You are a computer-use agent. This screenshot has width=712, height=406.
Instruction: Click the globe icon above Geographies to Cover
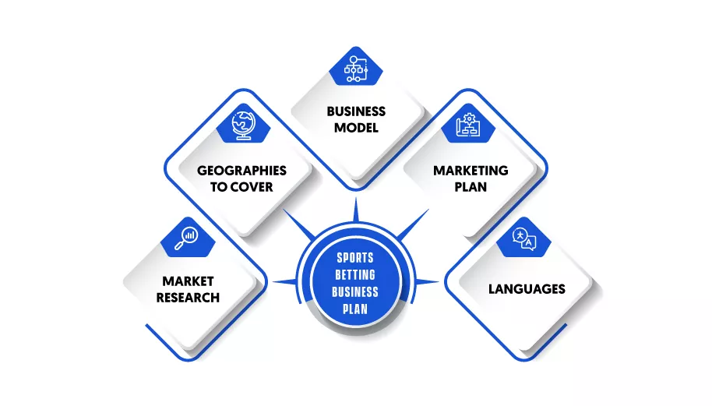[x=243, y=125]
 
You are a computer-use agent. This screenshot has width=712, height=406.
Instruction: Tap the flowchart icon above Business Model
[x=356, y=69]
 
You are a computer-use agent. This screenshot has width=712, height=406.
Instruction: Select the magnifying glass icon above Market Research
[x=186, y=238]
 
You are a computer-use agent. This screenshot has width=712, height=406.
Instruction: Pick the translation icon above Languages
[x=524, y=239]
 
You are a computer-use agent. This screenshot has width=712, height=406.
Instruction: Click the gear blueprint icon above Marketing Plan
[x=468, y=125]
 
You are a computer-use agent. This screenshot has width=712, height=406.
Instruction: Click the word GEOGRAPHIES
[x=241, y=171]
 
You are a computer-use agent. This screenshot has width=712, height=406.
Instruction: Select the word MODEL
[x=356, y=128]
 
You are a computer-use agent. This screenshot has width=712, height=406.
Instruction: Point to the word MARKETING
[x=471, y=171]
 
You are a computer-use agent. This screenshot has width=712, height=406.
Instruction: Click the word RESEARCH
[x=188, y=298]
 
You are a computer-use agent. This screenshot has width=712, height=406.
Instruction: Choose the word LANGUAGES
[x=527, y=289]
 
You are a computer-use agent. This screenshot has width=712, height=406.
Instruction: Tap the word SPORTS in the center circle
[x=355, y=258]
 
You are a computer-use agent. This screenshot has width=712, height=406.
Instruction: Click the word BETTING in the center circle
[x=355, y=275]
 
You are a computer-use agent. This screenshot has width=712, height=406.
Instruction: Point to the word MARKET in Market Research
[x=188, y=281]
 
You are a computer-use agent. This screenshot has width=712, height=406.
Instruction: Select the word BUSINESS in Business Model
[x=356, y=111]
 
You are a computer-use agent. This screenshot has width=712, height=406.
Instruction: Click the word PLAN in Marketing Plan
[x=471, y=187]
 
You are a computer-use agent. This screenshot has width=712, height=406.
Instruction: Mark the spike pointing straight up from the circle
[x=356, y=210]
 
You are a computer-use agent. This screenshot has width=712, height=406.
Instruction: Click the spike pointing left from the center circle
[x=284, y=282]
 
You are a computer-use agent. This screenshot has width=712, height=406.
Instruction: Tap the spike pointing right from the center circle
[x=427, y=282]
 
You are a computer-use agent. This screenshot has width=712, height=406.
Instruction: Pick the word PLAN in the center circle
[x=355, y=309]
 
